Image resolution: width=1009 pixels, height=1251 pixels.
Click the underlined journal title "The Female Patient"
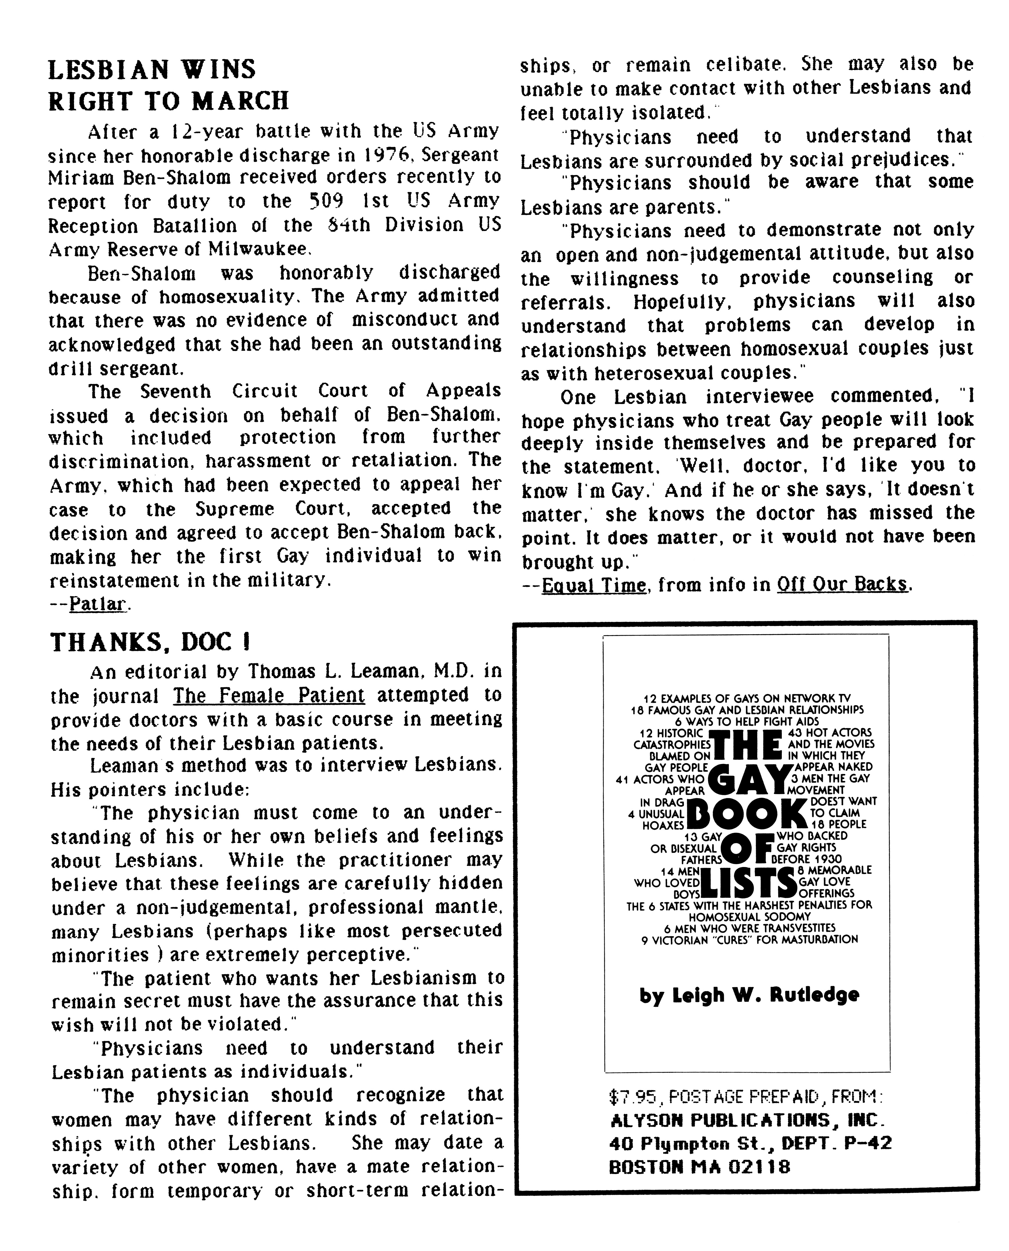coord(269,695)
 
